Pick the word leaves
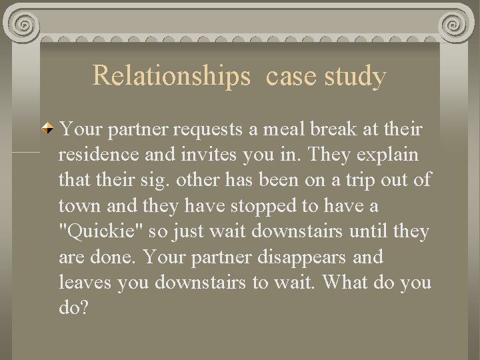[x=85, y=283]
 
